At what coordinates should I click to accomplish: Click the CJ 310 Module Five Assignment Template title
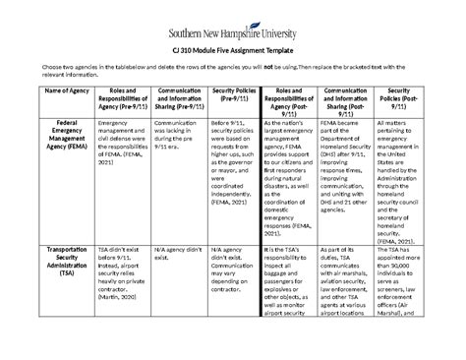[x=234, y=48]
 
